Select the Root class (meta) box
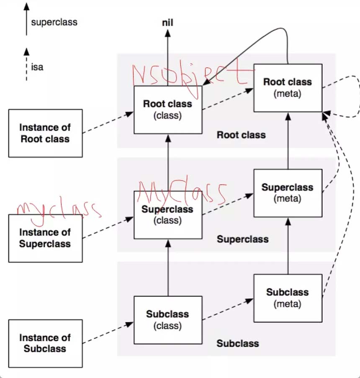tap(288, 88)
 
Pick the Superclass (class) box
tap(167, 215)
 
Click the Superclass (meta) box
tap(288, 193)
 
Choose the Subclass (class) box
tap(167, 320)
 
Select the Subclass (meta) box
tap(288, 298)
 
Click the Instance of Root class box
tap(45, 133)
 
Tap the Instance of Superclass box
tap(45, 238)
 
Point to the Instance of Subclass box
tap(45, 343)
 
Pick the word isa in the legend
tap(37, 66)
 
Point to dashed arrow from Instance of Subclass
tap(108, 333)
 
